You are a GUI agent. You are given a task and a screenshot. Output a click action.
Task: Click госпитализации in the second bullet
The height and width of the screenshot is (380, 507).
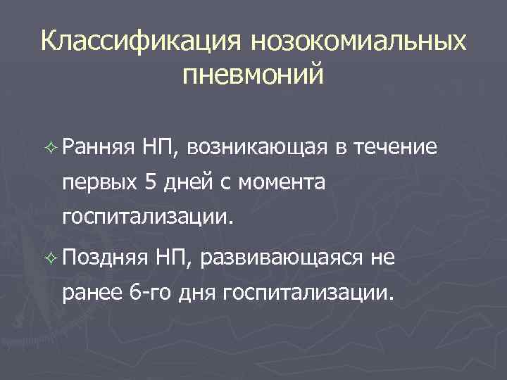306,293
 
